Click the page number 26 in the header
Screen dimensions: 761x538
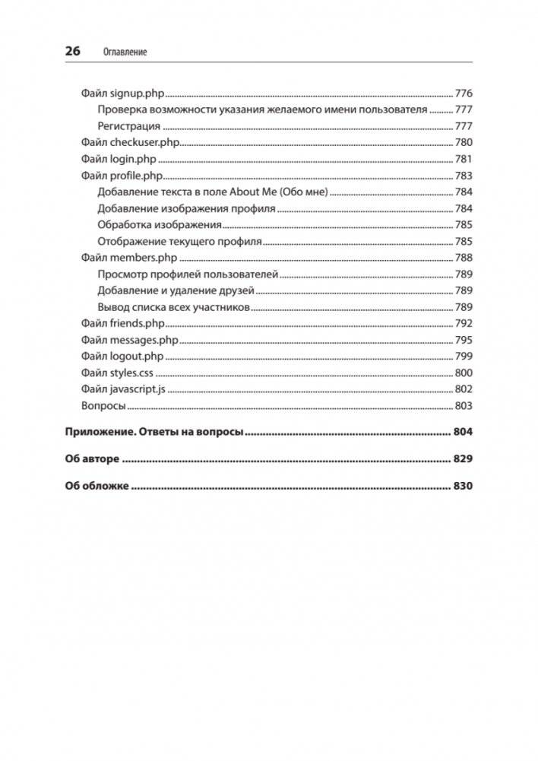[x=72, y=51]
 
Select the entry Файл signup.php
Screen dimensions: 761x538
[x=122, y=94]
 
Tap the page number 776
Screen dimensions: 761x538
[x=464, y=94]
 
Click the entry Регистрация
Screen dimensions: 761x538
[x=129, y=126]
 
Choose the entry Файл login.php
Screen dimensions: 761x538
[x=118, y=159]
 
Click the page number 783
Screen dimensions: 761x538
[x=464, y=176]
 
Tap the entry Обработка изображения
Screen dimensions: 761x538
[x=160, y=225]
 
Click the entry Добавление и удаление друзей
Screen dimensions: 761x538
[x=176, y=290]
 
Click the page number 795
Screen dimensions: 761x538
[x=464, y=340]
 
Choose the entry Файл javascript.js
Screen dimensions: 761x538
[x=123, y=389]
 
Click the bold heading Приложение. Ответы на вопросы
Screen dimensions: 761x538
[x=154, y=433]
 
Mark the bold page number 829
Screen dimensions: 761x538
[x=463, y=459]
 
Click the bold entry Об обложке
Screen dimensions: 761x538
[x=97, y=486]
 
